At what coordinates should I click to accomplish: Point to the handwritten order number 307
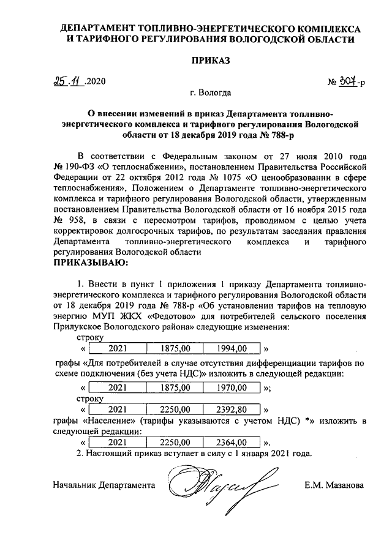[347, 81]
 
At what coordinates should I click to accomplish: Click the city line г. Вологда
[211, 94]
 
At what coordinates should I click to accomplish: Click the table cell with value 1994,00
[232, 349]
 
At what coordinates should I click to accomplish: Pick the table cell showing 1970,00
[232, 387]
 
